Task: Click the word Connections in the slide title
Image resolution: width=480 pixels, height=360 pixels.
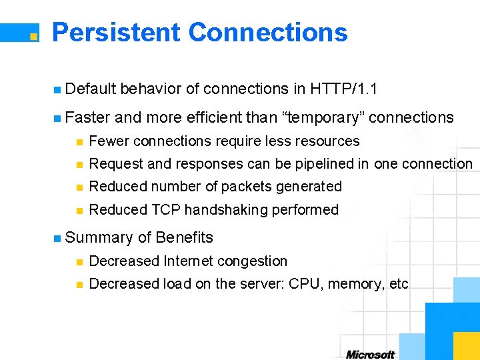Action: click(268, 32)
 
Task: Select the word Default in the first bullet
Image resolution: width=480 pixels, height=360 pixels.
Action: click(91, 89)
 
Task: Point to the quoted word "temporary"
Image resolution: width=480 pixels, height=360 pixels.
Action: click(323, 118)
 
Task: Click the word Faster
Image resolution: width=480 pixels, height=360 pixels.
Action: click(88, 118)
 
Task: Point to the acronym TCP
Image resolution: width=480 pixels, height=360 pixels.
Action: click(166, 210)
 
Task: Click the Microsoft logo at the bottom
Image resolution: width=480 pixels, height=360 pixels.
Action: click(370, 354)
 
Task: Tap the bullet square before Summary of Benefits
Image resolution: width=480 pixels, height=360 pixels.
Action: click(57, 238)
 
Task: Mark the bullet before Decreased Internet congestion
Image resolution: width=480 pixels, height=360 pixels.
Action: click(79, 261)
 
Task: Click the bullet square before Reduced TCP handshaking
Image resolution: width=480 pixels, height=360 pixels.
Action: click(79, 210)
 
